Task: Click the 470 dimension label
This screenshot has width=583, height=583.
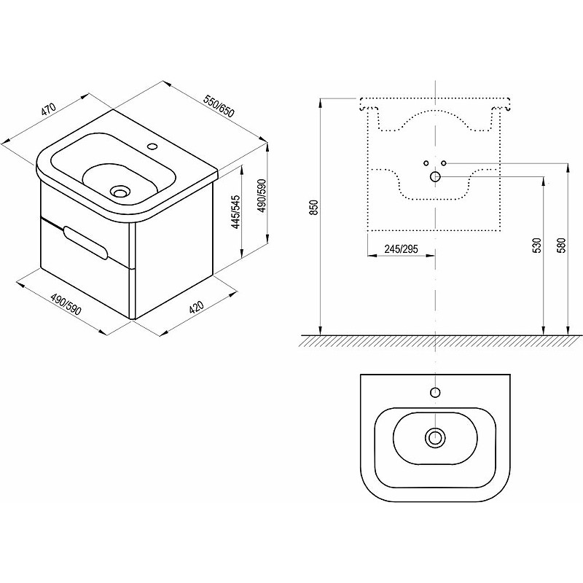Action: (48, 109)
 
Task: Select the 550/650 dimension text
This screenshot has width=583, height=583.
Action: (219, 106)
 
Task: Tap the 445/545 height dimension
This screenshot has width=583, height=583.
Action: (236, 212)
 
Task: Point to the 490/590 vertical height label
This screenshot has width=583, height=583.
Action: (262, 196)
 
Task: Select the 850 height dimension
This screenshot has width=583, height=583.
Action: (315, 208)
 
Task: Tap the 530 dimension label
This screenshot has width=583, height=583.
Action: (537, 246)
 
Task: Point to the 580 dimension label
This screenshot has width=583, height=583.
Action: (561, 246)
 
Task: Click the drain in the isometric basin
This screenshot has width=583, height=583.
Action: (120, 192)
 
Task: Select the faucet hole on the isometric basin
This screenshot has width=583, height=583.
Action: (152, 146)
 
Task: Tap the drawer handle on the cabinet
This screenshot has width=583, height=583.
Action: (85, 242)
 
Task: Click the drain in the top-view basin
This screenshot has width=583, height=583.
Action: (434, 438)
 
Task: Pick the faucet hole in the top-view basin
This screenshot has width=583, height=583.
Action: (435, 392)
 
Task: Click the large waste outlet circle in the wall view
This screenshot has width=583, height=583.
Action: (435, 176)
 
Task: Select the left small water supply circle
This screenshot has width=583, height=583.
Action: (426, 163)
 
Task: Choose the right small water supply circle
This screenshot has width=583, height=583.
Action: (444, 163)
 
